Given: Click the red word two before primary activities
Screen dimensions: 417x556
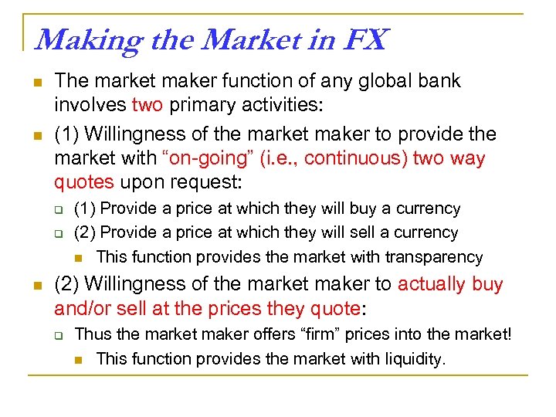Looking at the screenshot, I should pyautogui.click(x=147, y=106).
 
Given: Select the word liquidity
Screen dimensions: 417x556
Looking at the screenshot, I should pyautogui.click(x=414, y=358).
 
